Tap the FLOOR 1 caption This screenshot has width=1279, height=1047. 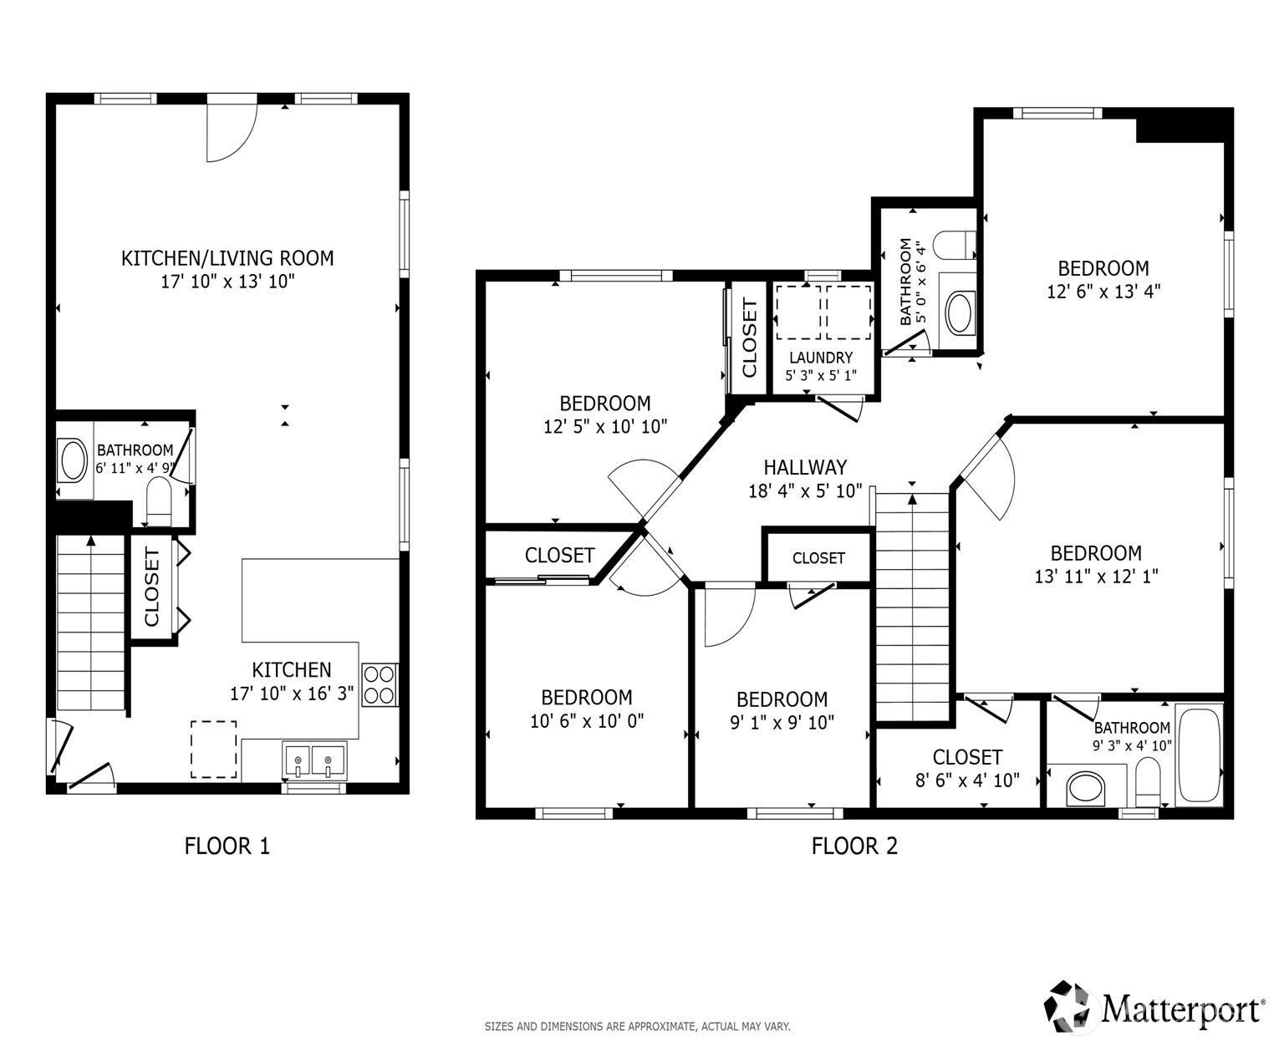click(227, 846)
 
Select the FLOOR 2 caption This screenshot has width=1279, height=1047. click(854, 846)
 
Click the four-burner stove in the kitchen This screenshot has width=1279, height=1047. click(380, 685)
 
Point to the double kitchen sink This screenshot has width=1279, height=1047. click(314, 760)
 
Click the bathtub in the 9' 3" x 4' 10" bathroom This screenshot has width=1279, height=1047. click(1199, 755)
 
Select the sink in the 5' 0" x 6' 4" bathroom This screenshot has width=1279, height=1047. click(960, 313)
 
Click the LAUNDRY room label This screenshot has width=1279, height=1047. click(821, 358)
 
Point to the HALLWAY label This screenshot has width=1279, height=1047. click(805, 467)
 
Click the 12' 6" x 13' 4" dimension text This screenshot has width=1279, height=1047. click(1103, 292)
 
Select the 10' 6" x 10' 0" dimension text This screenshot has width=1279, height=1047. click(587, 721)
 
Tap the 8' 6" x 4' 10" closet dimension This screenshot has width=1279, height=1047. click(967, 780)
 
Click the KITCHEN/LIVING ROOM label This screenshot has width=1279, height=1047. click(227, 258)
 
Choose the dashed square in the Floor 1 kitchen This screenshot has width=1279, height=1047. click(213, 750)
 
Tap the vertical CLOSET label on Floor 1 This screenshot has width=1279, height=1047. click(151, 587)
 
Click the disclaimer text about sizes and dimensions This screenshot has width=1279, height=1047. click(637, 1026)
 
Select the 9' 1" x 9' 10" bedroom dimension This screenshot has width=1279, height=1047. click(782, 722)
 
